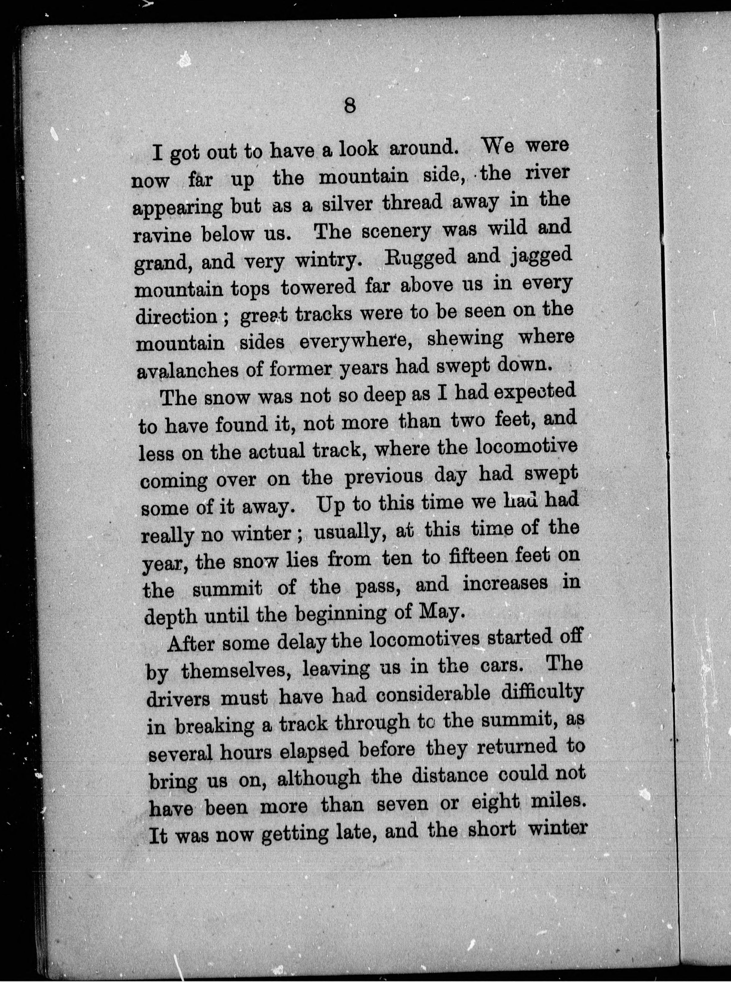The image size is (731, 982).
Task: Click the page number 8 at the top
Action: tap(349, 106)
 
